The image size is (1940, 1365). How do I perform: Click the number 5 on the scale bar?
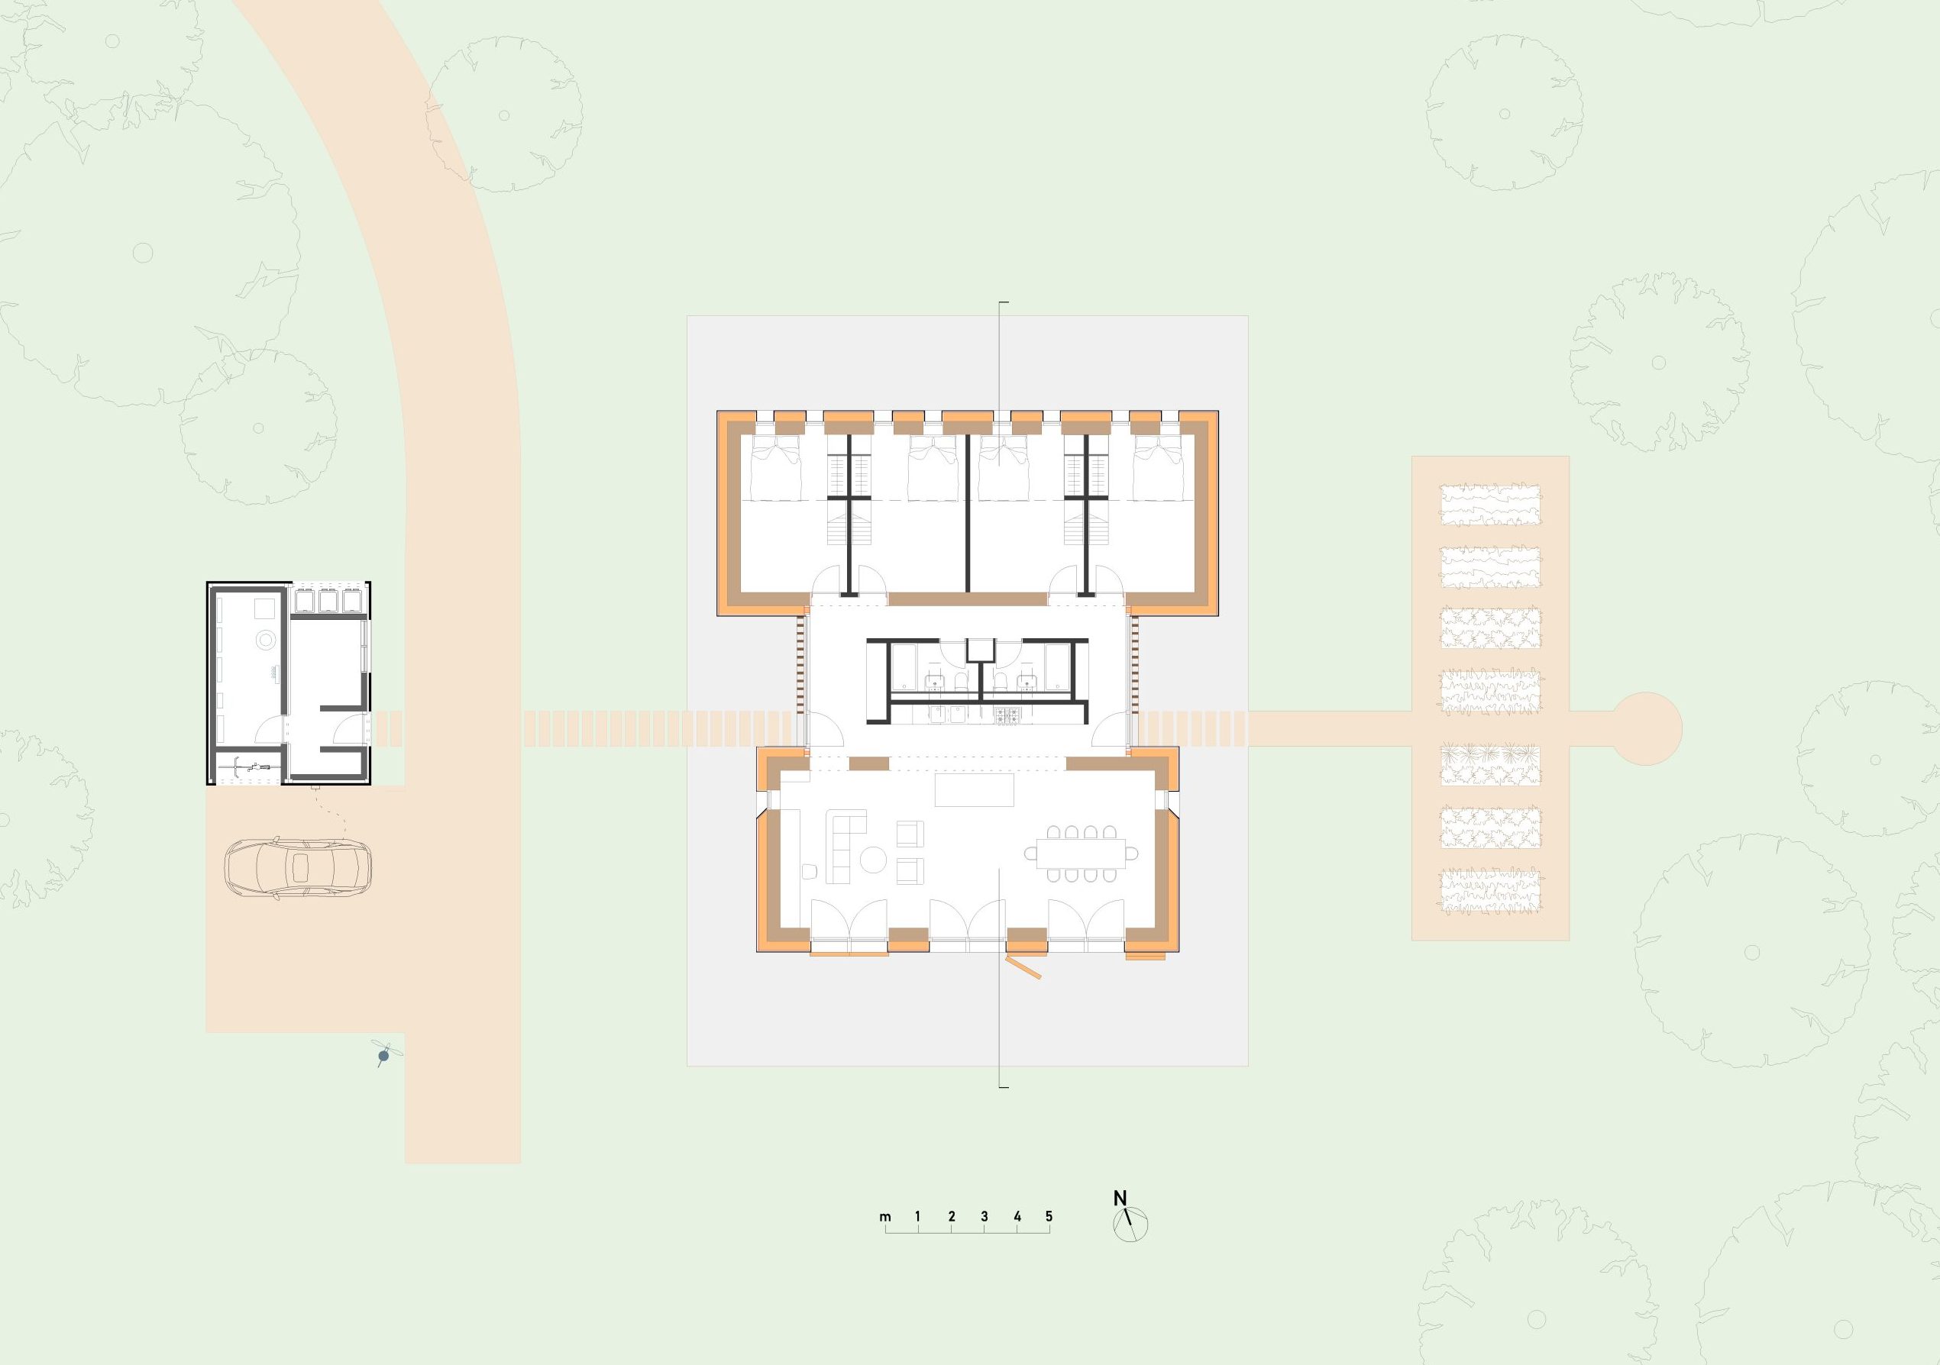[1049, 1217]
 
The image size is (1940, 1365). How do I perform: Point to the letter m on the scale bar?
[884, 1218]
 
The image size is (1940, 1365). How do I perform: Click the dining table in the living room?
[1082, 855]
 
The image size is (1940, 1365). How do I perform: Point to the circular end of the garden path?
[1648, 728]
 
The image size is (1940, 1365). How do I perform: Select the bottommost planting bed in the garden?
[1492, 890]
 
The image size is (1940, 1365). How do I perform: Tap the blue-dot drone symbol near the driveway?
[384, 1054]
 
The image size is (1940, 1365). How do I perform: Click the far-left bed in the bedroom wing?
[777, 469]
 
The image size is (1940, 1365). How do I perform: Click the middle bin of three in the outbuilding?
[328, 600]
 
